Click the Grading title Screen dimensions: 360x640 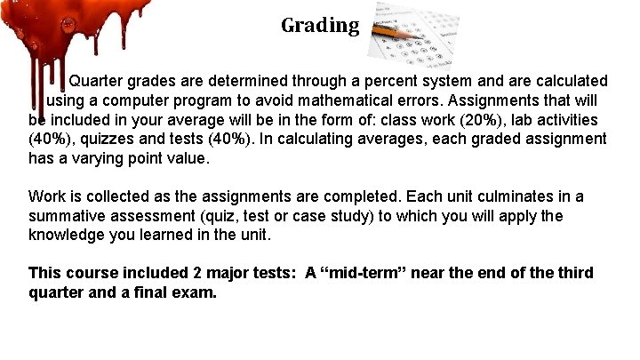320,25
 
